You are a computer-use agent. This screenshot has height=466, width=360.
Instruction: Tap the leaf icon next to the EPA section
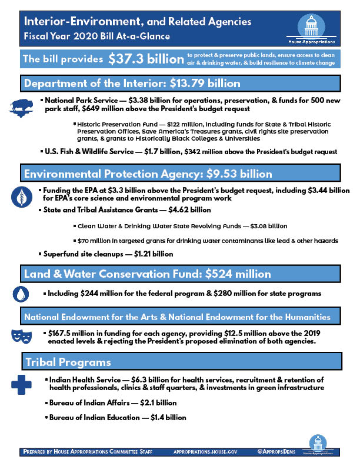coord(21,195)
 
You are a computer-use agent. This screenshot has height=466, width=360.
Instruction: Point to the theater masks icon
coord(21,336)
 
